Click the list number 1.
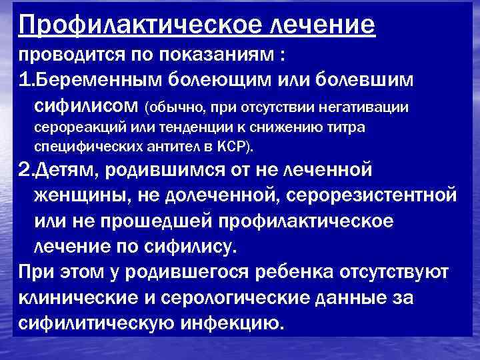[25, 80]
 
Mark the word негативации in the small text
[371, 107]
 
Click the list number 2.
[25, 171]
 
